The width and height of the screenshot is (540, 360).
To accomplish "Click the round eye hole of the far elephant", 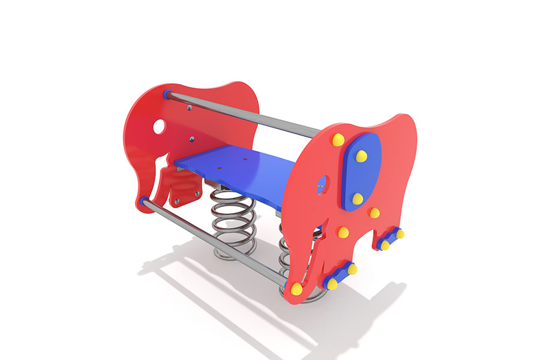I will coord(159,127).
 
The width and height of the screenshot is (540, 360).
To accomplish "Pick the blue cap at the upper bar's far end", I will coord(166,94).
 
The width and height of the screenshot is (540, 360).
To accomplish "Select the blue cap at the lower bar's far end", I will coord(144,202).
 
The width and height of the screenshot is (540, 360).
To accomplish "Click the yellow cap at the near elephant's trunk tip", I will coord(296,289).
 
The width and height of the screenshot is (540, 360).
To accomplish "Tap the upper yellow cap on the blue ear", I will coord(361,156).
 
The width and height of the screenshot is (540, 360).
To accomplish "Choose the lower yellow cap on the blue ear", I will coord(357,199).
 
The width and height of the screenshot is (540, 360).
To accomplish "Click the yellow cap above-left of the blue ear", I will coord(338,140).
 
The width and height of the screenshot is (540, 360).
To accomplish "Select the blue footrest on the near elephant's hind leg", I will coord(391,239).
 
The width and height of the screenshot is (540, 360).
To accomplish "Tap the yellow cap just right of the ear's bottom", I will coord(374,212).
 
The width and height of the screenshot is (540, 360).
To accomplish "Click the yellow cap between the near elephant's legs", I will coord(343,232).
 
